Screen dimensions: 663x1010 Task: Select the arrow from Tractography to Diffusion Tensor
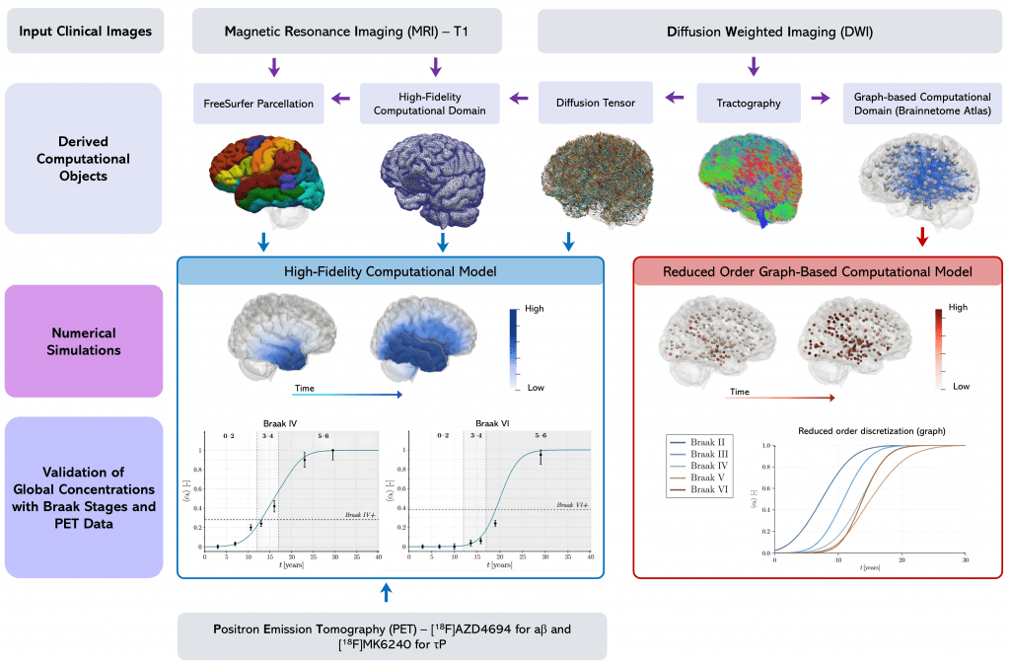(675, 98)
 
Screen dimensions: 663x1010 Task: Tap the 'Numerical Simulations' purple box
(84, 341)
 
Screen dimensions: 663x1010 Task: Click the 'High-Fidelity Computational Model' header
(389, 271)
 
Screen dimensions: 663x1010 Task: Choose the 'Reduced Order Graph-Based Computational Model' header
(818, 271)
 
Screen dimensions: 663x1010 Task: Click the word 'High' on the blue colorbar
(534, 309)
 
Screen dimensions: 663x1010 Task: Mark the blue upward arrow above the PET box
(386, 592)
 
